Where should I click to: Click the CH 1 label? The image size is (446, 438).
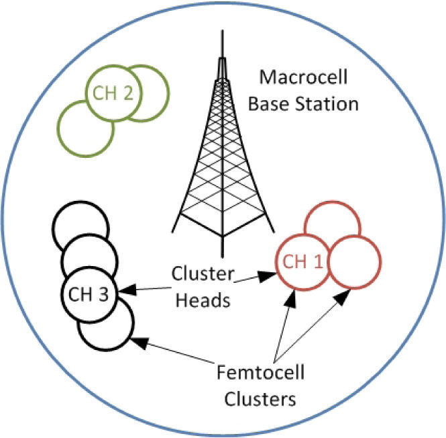click(x=300, y=261)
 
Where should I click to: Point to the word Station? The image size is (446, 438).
click(x=333, y=105)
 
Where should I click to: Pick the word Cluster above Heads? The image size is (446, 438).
click(x=203, y=274)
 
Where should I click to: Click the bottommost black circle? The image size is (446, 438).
click(x=105, y=324)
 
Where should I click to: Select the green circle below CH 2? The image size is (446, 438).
click(x=85, y=128)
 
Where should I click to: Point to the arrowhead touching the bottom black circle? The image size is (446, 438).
click(x=139, y=342)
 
